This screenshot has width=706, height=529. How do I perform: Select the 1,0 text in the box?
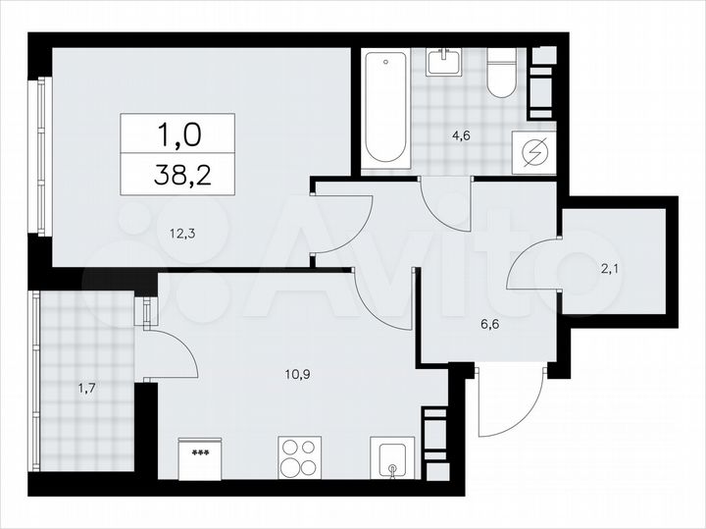(177, 131)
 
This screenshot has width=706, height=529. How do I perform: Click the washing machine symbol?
(534, 153)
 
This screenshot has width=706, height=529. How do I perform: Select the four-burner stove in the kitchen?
(299, 457)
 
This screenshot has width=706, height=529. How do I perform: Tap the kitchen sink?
(392, 459)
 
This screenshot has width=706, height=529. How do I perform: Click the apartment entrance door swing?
(508, 402)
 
